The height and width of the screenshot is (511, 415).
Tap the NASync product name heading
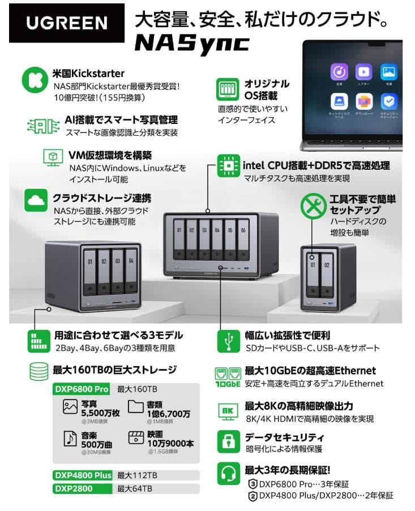(x=192, y=43)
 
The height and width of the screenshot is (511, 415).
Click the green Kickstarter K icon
(x=35, y=80)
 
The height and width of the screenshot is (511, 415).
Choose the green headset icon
(x=228, y=474)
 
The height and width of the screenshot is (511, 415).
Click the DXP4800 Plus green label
(x=83, y=475)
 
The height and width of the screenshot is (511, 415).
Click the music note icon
(x=70, y=438)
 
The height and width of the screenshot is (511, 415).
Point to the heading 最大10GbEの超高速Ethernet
(x=310, y=371)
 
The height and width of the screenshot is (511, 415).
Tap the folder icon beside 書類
(x=135, y=407)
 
